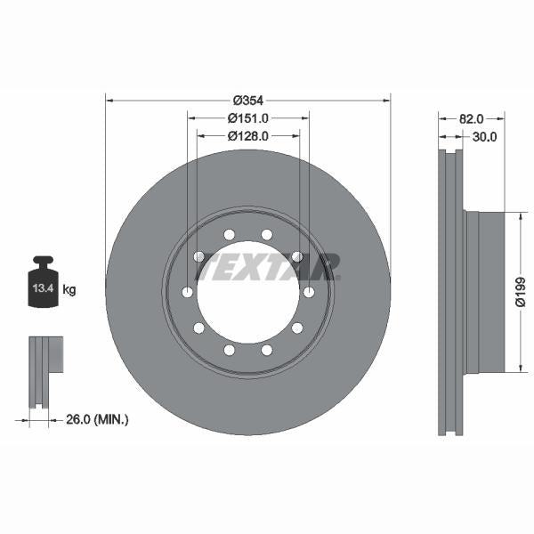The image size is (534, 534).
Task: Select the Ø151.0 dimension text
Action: coord(248,117)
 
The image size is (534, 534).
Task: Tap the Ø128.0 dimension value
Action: coord(248,136)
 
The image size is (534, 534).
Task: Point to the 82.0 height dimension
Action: coord(471,117)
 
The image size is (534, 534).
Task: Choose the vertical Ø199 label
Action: coord(521,292)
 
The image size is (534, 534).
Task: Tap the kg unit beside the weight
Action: coord(69,289)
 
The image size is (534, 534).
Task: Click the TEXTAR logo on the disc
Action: coord(268,266)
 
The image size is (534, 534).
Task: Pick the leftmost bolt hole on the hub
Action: coord(188,293)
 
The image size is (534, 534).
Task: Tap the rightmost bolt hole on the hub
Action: coord(308,293)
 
